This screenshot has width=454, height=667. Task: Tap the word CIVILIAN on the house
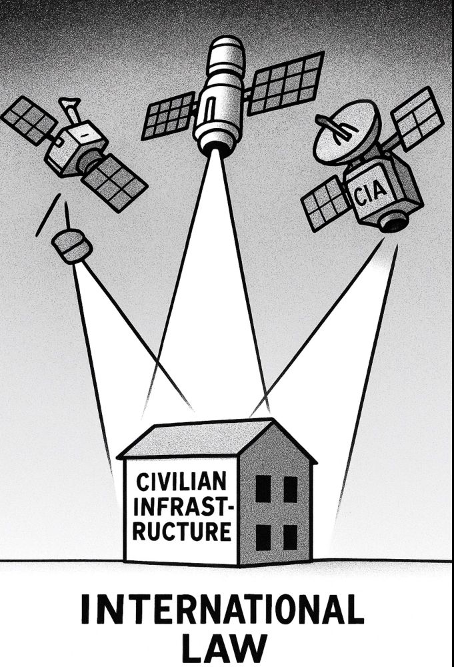(x=181, y=482)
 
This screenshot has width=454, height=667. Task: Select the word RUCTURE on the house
(x=182, y=531)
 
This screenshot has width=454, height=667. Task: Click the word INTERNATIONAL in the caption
(x=222, y=609)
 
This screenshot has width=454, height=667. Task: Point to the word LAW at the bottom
(x=225, y=650)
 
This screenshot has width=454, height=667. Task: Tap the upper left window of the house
(x=263, y=488)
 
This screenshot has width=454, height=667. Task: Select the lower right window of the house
(x=291, y=537)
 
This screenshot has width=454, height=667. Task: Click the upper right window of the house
(x=291, y=489)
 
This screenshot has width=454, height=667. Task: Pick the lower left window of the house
(x=263, y=537)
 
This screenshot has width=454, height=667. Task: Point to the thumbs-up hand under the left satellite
(x=71, y=245)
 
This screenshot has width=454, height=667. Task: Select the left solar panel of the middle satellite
(x=169, y=115)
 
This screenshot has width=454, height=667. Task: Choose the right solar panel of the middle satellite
(x=287, y=83)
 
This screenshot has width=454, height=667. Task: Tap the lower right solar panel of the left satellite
(x=114, y=183)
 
